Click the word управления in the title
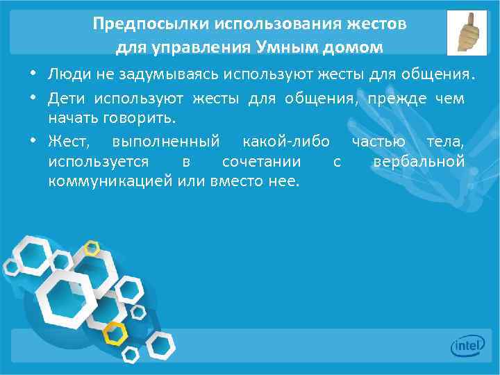188,48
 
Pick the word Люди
67,74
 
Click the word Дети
66,99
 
